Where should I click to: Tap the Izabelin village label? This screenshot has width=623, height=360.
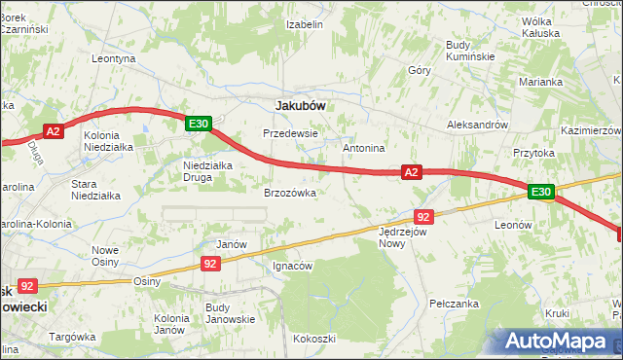pos(305,24)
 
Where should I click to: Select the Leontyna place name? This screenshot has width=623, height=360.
pos(113,58)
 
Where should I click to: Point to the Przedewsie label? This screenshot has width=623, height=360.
pos(291,133)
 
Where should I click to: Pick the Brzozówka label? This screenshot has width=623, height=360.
pos(290,193)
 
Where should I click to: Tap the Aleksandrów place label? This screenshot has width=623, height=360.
pos(477,125)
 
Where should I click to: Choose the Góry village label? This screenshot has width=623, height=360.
pos(420,70)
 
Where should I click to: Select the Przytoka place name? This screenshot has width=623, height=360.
pos(533,153)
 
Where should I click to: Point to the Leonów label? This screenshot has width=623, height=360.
pos(513,224)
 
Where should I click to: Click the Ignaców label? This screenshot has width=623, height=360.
pos(292,266)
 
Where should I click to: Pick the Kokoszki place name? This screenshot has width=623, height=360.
pos(313,339)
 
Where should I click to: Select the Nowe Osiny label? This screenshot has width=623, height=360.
pos(105,256)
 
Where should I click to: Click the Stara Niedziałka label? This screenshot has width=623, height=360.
pos(96,189)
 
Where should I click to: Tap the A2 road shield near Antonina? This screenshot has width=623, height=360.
pos(412,172)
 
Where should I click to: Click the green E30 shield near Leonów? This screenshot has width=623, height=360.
pos(542,193)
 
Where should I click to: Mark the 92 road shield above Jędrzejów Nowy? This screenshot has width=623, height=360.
pos(422,216)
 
